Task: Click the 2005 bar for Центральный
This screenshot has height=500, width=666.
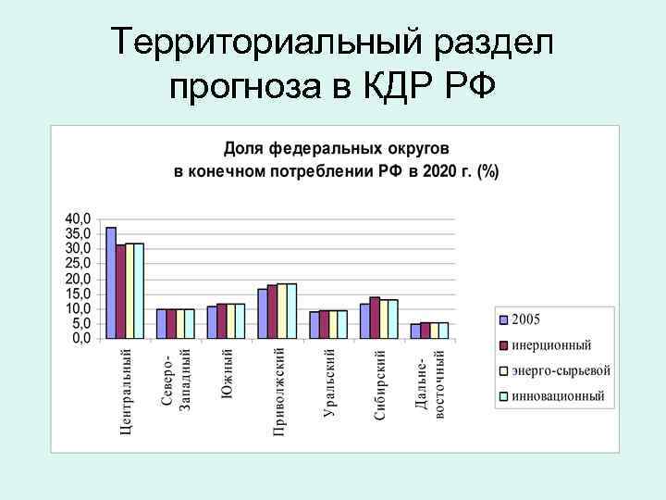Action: pyautogui.click(x=111, y=282)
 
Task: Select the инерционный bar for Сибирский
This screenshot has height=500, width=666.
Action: pyautogui.click(x=375, y=318)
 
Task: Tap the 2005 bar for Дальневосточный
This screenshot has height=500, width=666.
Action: pyautogui.click(x=415, y=331)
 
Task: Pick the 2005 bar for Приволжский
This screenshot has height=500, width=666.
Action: pyautogui.click(x=263, y=314)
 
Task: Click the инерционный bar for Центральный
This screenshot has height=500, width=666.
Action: pyautogui.click(x=120, y=292)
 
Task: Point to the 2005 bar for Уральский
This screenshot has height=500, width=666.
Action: pyautogui.click(x=314, y=325)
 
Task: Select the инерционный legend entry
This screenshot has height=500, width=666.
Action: pyautogui.click(x=550, y=345)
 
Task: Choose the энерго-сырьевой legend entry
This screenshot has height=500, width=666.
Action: pyautogui.click(x=560, y=370)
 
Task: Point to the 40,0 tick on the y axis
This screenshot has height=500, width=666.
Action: pyautogui.click(x=78, y=219)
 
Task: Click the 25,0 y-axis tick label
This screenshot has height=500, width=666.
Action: pyautogui.click(x=78, y=264)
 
